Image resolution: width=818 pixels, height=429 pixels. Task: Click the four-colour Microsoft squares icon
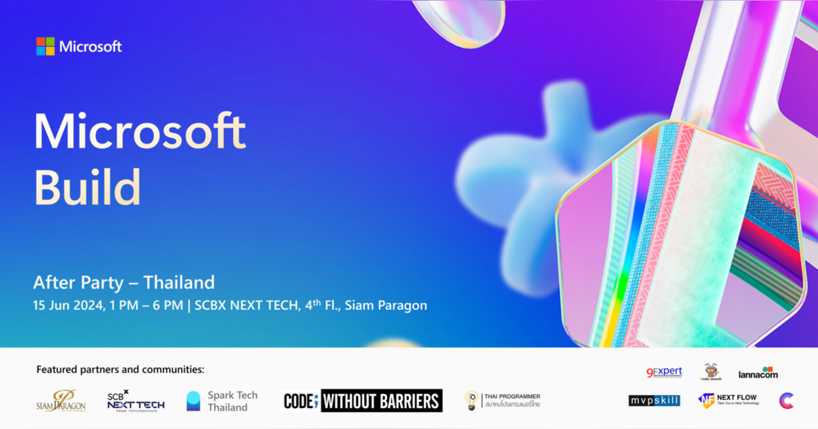click(46, 46)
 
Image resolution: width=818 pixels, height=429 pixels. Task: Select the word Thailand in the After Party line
click(179, 282)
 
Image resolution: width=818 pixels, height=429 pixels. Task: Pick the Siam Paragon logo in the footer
click(61, 401)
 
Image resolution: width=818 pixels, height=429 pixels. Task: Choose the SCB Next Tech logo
click(136, 400)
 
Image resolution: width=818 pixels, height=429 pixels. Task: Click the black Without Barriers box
click(381, 400)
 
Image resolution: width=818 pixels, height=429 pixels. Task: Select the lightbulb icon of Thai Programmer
click(471, 400)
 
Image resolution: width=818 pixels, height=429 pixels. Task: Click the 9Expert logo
click(664, 372)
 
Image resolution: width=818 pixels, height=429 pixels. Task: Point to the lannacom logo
click(758, 372)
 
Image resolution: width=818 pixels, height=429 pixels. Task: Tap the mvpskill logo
click(654, 400)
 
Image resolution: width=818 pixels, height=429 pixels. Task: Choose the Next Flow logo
click(727, 400)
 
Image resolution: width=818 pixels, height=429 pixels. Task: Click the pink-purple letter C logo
click(786, 400)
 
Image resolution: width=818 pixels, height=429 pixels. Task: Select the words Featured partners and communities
click(120, 370)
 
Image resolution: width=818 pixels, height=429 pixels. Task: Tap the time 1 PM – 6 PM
click(148, 305)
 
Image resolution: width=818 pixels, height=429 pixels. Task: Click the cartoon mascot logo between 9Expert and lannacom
click(711, 372)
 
